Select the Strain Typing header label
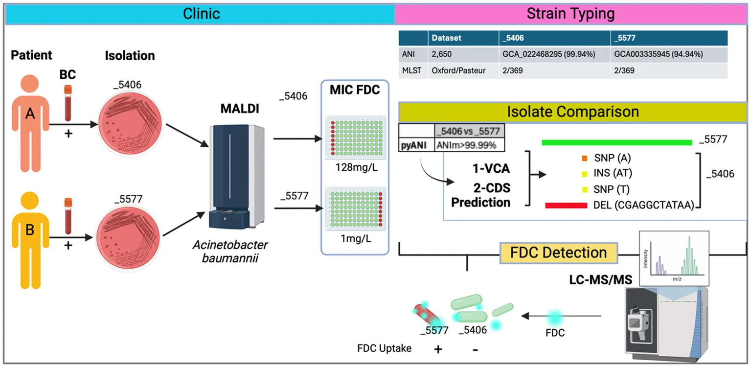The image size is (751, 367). tap(570, 13)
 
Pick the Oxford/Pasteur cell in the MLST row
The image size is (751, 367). tap(458, 70)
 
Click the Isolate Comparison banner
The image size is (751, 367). tap(572, 112)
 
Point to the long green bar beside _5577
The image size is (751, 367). tap(616, 142)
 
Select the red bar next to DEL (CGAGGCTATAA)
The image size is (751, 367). tap(566, 206)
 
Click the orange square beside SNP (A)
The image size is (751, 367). tap(585, 158)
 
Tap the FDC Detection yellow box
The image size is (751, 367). tap(558, 252)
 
